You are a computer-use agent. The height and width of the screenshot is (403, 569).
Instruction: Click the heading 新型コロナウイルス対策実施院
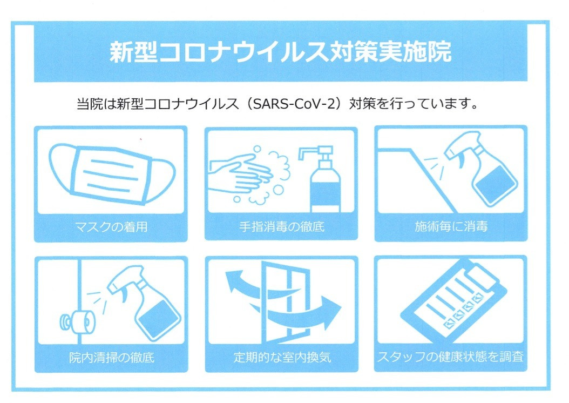pos(281,52)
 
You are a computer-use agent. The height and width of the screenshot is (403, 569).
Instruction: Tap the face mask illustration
pos(111,173)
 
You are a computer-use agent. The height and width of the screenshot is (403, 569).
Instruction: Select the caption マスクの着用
pos(111,227)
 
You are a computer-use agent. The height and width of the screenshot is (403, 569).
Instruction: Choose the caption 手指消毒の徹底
pos(281,227)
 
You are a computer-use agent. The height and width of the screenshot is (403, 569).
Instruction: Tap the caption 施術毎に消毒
pos(451,226)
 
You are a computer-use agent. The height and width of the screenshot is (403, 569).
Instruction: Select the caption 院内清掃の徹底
pos(112,358)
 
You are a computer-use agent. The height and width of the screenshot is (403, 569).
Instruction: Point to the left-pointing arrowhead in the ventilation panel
pos(235,281)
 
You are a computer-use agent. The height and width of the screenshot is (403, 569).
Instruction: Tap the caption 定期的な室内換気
pos(282,358)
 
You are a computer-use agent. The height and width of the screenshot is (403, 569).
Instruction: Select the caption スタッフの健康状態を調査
pos(450,357)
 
